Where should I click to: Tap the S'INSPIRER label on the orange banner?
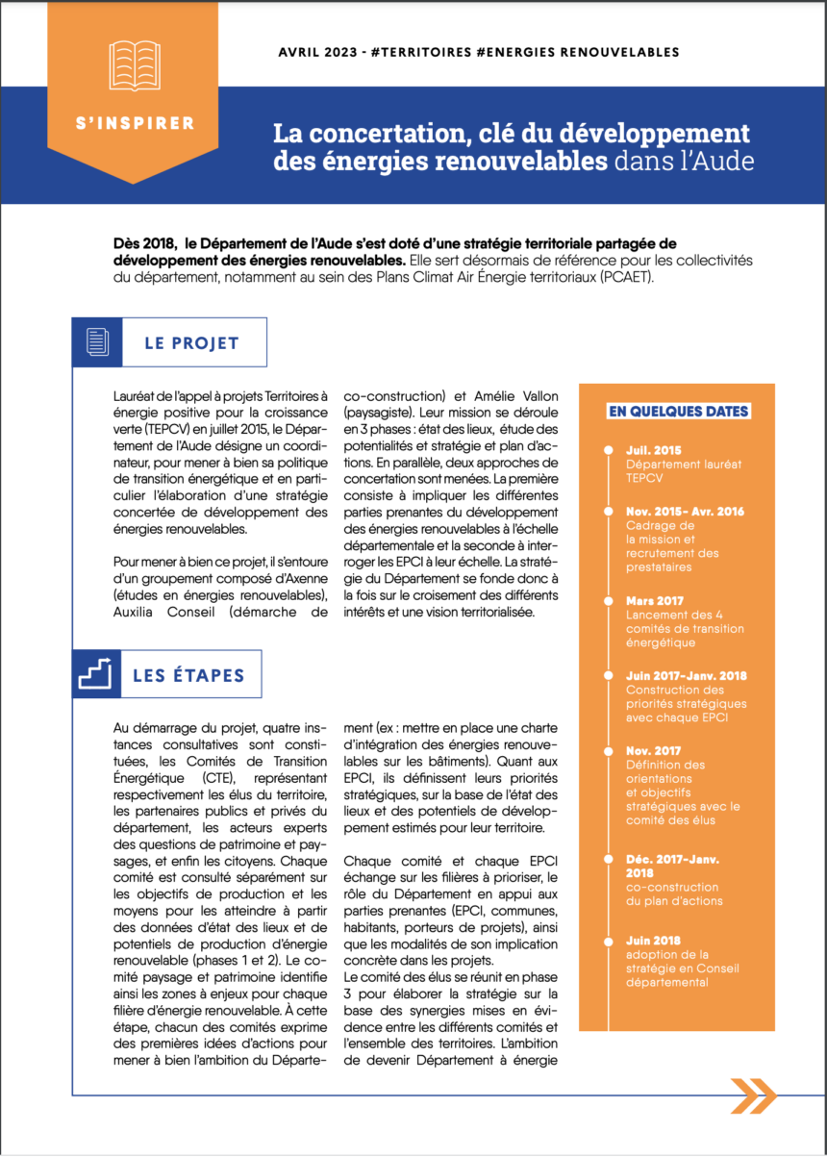click(135, 123)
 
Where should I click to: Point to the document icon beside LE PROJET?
click(97, 341)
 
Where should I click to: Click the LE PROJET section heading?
click(191, 342)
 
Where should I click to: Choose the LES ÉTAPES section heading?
click(188, 674)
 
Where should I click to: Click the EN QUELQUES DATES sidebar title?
click(678, 411)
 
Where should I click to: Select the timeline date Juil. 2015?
click(653, 450)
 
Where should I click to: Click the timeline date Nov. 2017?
click(653, 751)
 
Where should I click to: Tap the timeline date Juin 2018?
click(654, 940)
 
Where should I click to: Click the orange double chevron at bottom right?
click(753, 1094)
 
